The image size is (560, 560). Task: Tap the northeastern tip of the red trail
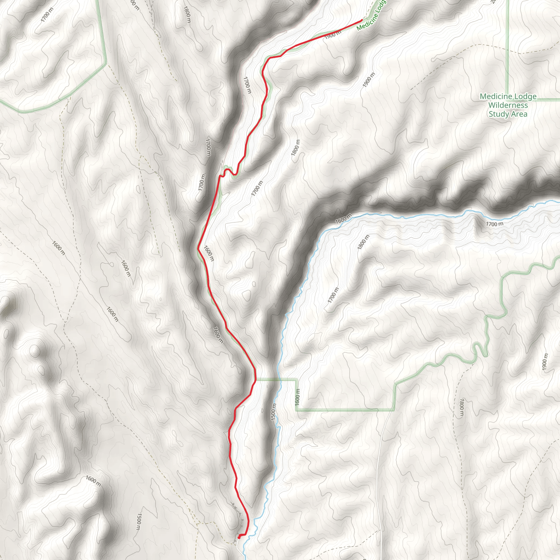coord(361,20)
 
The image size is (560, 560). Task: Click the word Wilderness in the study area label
coord(508,105)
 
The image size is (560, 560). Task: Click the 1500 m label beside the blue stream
coord(273,412)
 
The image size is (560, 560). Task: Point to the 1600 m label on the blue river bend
coord(343,218)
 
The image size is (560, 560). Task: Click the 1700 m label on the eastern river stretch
coord(494,224)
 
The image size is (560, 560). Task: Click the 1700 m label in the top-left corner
coord(47,14)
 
